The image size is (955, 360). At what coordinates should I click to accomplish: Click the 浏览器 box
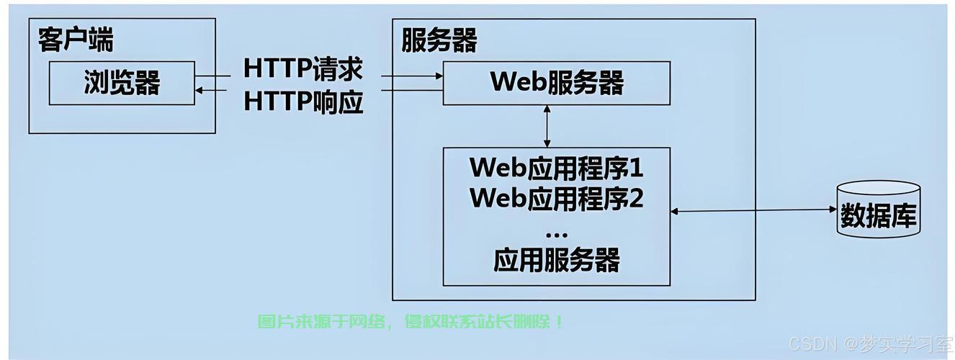pos(122,83)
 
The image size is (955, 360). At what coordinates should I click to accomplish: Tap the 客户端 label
pos(76,40)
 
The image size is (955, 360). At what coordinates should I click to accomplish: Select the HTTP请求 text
pos(302,69)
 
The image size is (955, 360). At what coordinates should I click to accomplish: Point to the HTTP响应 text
pos(302,102)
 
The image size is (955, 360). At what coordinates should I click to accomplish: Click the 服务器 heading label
pos(439,40)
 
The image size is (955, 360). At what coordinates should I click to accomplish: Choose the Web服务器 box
pos(556,83)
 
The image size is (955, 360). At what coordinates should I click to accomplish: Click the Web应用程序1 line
pos(556,167)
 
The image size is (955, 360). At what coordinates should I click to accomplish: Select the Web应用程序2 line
pos(556,197)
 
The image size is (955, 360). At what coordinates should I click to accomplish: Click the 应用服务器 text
pos(556,260)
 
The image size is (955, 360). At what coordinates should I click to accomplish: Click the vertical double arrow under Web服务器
pos(547,126)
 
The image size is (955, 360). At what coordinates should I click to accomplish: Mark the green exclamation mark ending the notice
pos(560,322)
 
